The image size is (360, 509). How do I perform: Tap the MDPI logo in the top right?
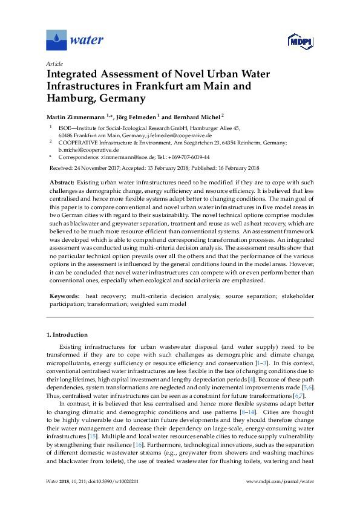coord(295,41)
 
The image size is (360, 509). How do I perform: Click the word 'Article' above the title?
coord(54,63)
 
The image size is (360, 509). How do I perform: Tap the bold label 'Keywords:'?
coord(62,296)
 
